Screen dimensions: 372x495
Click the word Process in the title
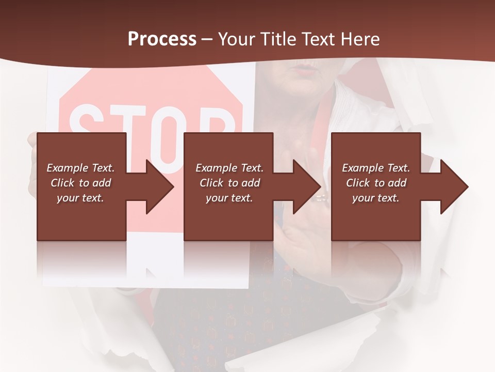[162, 39]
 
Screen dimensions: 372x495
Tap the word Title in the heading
[279, 39]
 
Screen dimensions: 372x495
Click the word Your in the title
[236, 39]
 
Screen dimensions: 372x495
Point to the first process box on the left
[81, 187]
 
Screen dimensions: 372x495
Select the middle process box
[228, 187]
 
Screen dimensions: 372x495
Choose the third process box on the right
[375, 187]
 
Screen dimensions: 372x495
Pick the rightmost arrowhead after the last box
[454, 187]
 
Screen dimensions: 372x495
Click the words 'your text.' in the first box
[80, 198]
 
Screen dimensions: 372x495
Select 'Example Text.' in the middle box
[229, 168]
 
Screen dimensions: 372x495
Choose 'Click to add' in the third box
[376, 183]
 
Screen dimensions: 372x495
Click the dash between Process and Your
[207, 39]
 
